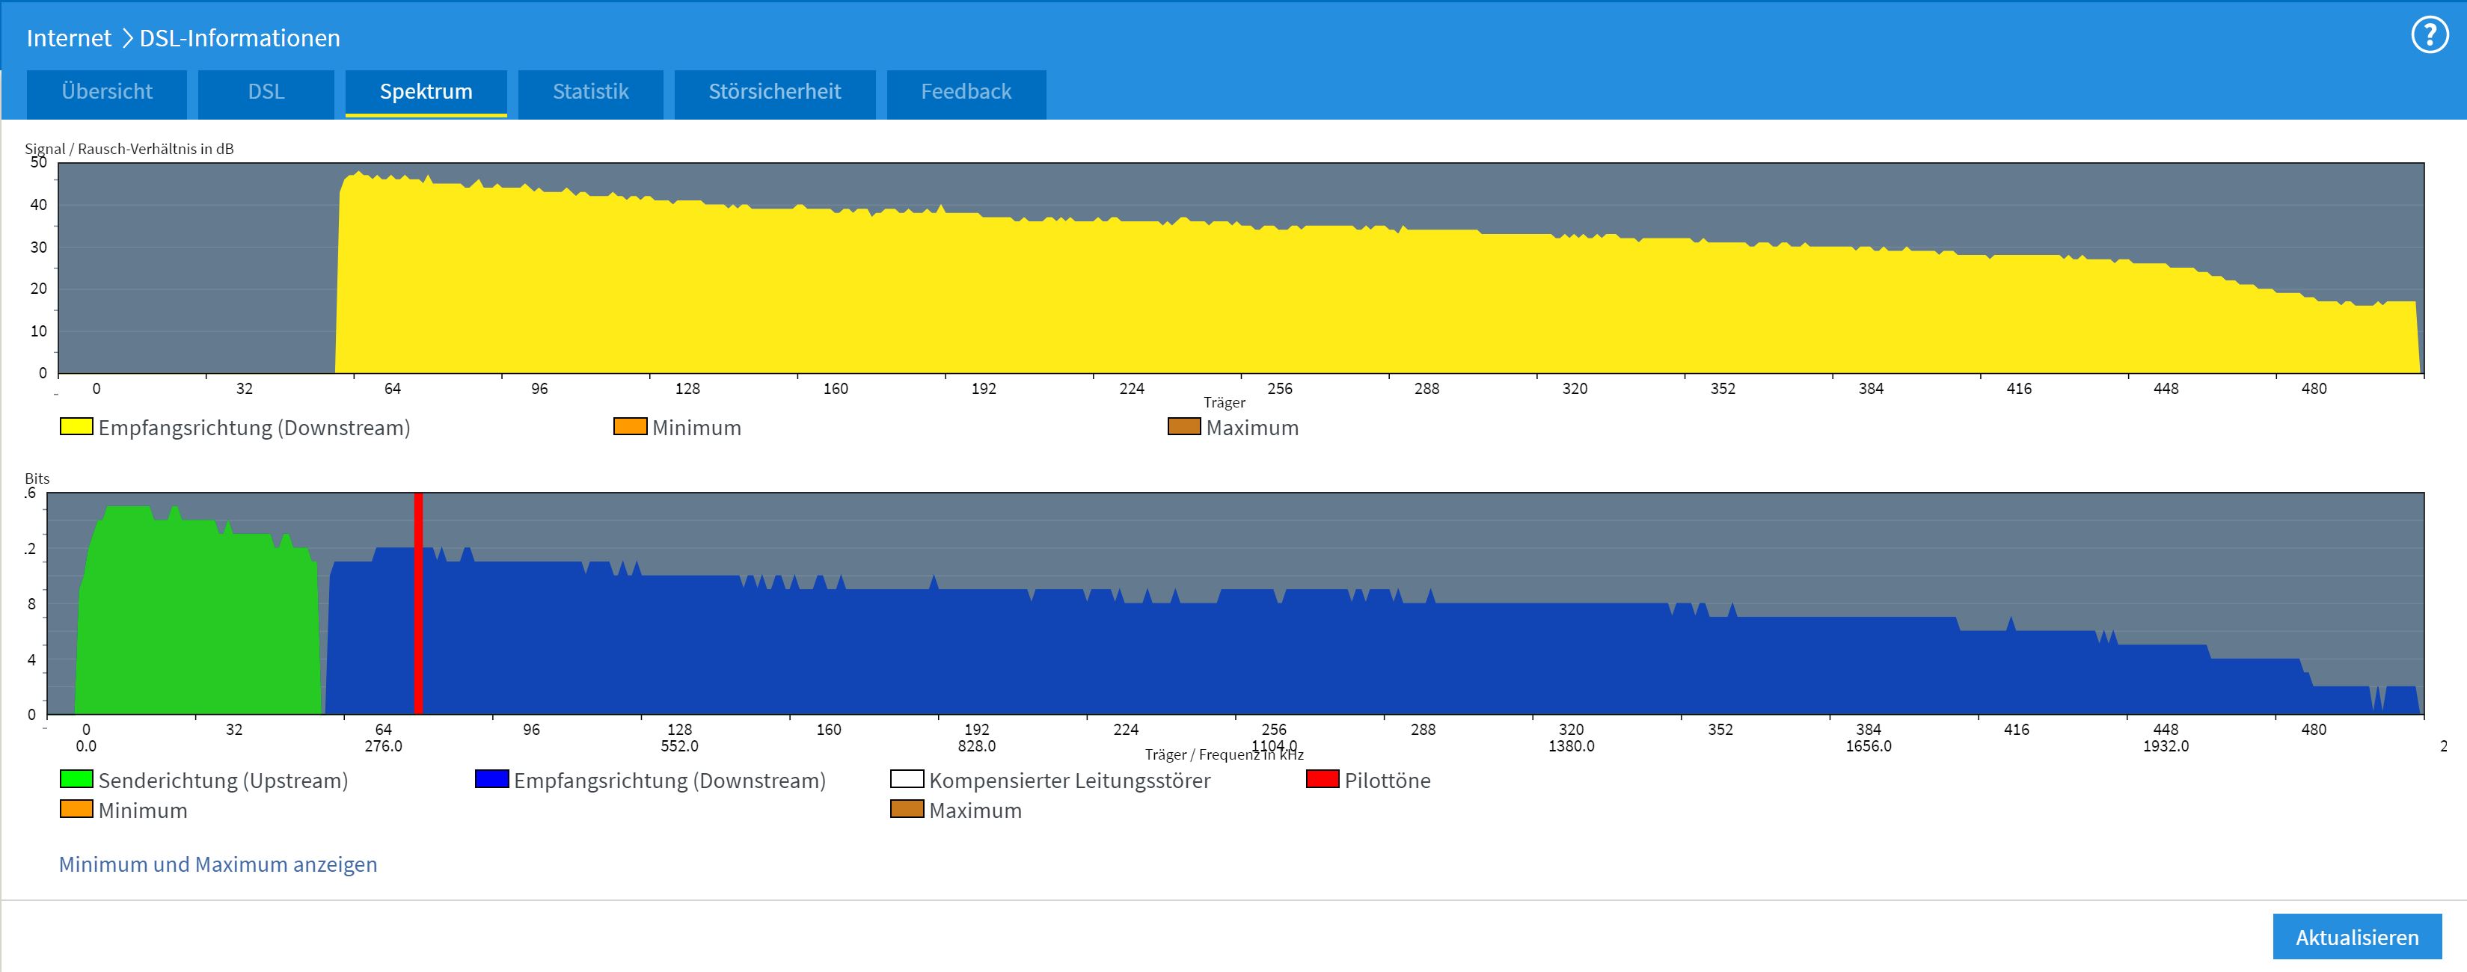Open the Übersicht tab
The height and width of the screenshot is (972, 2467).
(106, 93)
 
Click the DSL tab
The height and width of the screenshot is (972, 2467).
(266, 93)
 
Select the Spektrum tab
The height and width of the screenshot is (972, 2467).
(426, 93)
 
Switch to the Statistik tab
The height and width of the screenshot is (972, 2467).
(591, 93)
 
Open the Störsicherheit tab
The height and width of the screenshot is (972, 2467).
(775, 93)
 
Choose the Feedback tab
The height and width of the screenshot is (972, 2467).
(966, 93)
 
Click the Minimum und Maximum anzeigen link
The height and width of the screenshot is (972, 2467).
(218, 865)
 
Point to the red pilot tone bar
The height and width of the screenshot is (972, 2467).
(418, 603)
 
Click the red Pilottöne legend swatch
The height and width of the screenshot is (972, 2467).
(1322, 778)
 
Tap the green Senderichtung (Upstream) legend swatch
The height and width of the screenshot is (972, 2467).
(76, 778)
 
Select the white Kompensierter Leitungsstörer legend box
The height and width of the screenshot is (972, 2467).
(906, 778)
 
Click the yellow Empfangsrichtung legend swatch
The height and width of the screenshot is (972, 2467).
(76, 426)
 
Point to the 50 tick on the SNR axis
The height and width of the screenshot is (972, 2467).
(38, 163)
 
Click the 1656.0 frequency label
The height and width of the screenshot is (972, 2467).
(1869, 746)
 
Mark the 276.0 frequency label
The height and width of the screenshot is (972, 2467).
(383, 746)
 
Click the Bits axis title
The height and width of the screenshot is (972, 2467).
(37, 479)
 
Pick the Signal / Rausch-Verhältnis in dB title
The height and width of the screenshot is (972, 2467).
(129, 149)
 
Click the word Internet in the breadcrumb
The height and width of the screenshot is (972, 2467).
(69, 38)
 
